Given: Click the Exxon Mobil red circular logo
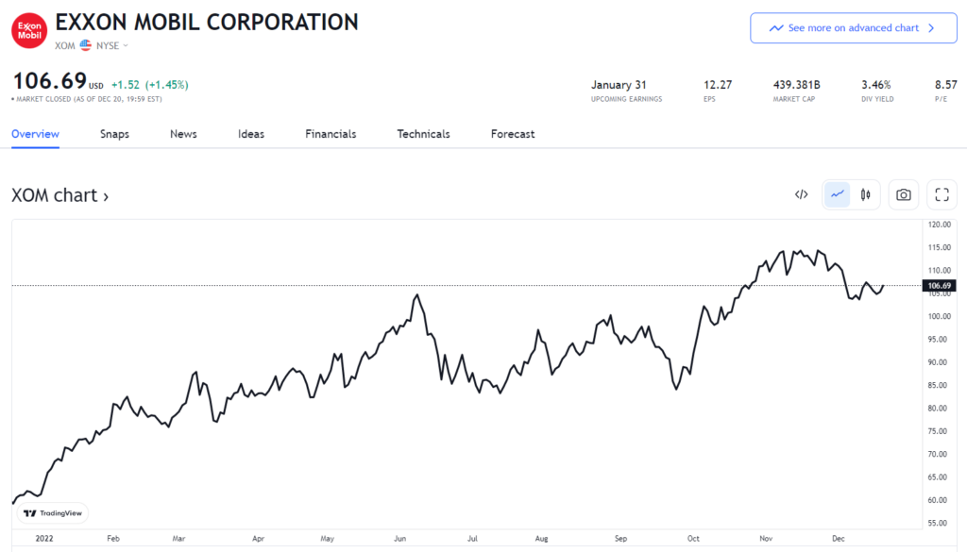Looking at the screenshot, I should tap(28, 29).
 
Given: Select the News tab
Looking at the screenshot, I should tap(183, 134).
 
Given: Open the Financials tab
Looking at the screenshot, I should tap(331, 134).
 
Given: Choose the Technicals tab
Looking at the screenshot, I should tap(423, 134).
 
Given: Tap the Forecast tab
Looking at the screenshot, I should tap(513, 134).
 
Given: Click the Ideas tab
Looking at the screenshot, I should tap(251, 134).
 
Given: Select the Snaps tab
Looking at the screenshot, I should tap(114, 134).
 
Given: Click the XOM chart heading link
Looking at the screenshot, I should tap(59, 195).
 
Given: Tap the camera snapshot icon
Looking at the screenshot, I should tap(904, 194).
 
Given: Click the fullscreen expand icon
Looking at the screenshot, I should tap(942, 194).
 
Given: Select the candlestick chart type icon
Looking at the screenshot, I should tap(865, 194).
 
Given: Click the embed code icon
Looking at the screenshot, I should tap(801, 194).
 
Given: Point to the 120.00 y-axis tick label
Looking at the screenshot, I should tap(939, 225).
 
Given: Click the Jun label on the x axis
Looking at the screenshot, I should tap(399, 539).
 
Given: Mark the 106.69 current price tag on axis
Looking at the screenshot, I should tap(939, 285).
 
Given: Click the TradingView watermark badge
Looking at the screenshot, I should tap(53, 513).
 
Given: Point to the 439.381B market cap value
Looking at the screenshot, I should tap(797, 84).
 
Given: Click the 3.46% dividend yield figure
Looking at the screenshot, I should tap(875, 84).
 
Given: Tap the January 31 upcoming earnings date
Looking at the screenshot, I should tap(625, 84).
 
